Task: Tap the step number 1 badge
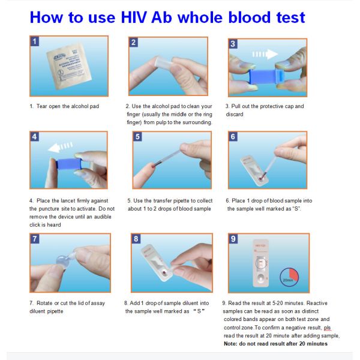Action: tap(35, 42)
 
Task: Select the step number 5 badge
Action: tap(137, 137)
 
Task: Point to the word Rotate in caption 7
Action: tap(46, 303)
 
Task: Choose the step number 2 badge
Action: tap(134, 42)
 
